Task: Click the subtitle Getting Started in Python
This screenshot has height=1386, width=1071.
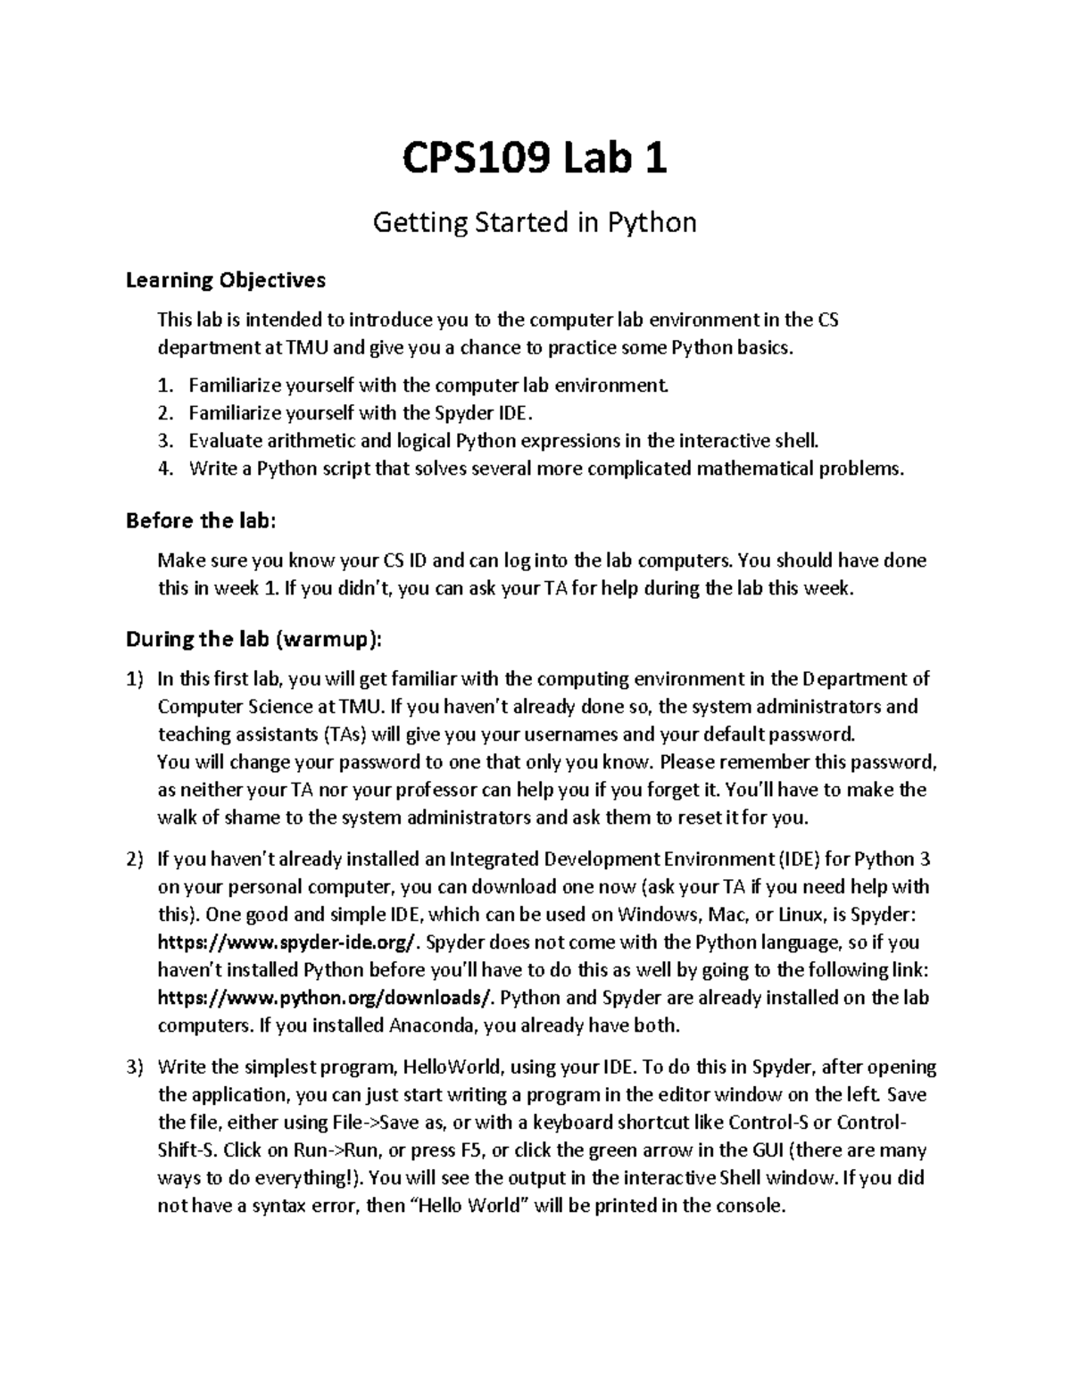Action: (x=534, y=222)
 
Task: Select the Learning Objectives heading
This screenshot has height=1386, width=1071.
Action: (x=226, y=280)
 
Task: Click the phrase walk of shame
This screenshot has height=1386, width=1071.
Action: (x=212, y=817)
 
